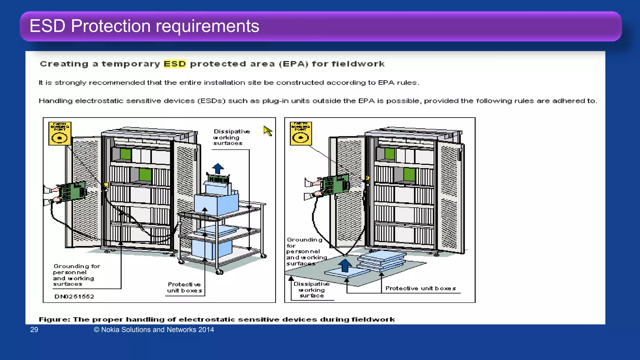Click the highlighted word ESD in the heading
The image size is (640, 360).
(x=175, y=64)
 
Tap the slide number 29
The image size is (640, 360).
(x=34, y=330)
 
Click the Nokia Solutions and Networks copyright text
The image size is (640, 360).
(x=154, y=330)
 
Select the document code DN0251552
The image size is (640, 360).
(x=74, y=297)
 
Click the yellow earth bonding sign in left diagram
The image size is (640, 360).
(x=60, y=134)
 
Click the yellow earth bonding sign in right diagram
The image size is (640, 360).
(x=301, y=134)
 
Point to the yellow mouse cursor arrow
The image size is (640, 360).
(x=267, y=130)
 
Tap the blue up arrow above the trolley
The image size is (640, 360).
(x=218, y=168)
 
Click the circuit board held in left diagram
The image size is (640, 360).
(x=72, y=191)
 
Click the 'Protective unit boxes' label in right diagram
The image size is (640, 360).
(x=420, y=288)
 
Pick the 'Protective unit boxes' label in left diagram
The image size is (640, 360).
(x=184, y=287)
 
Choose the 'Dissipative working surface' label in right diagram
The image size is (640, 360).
(x=312, y=290)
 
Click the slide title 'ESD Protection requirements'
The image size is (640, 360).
(x=144, y=26)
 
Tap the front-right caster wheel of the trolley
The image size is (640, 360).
(x=219, y=272)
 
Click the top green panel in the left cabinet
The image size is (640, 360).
(x=125, y=154)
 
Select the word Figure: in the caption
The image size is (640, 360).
(x=54, y=319)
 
